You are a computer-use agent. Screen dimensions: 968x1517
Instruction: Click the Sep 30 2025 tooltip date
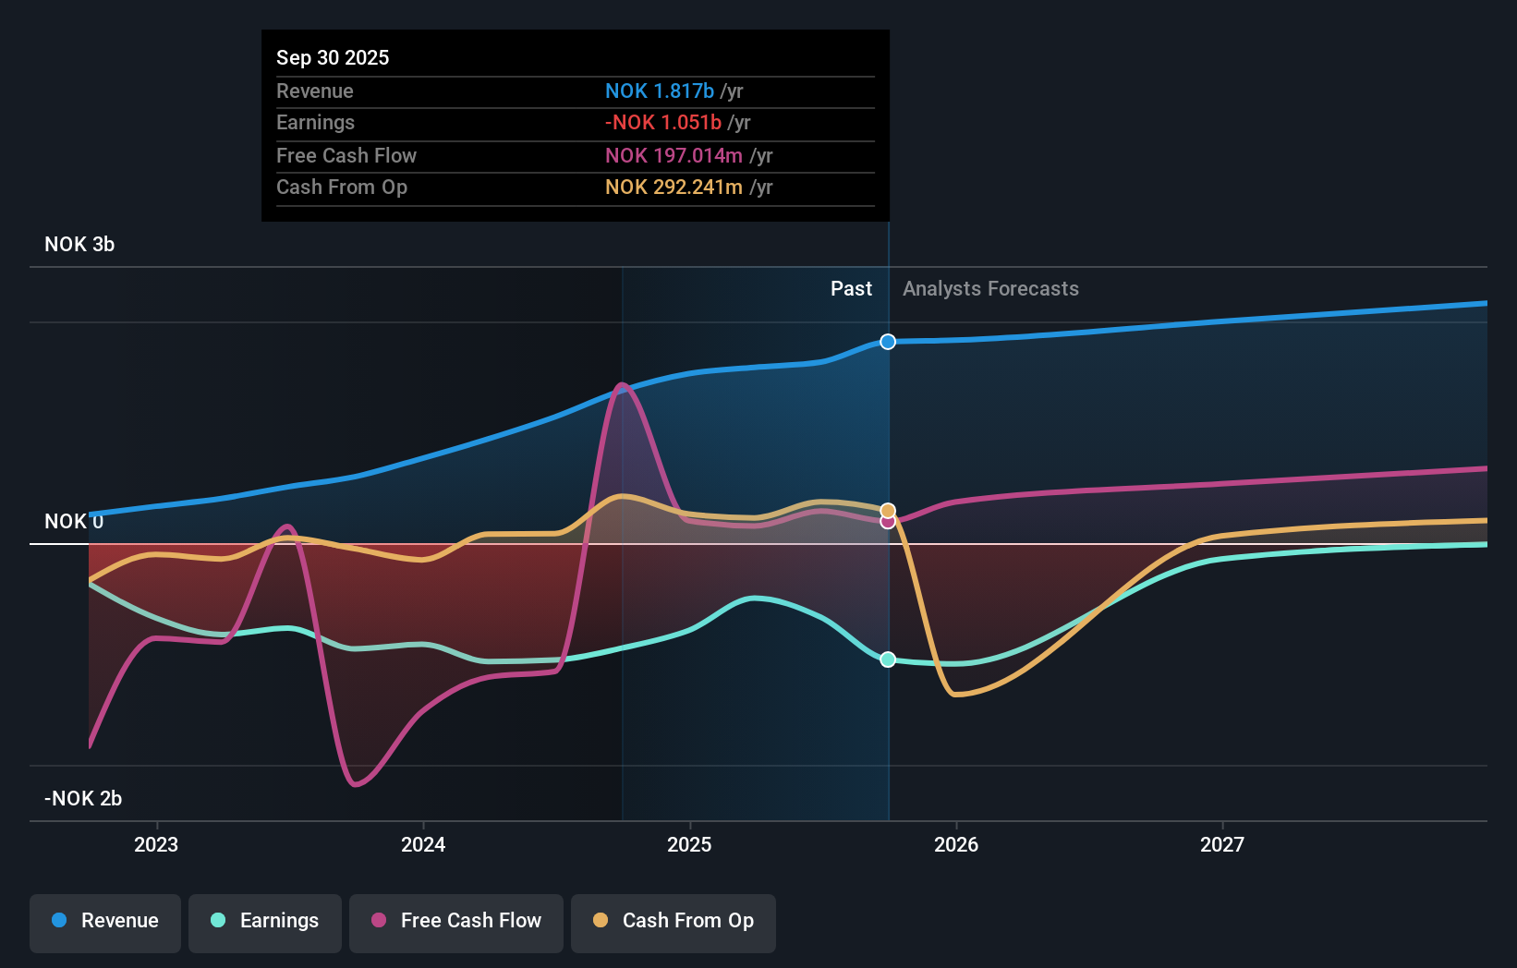point(333,57)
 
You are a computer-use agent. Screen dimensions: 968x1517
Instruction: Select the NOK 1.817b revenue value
point(659,91)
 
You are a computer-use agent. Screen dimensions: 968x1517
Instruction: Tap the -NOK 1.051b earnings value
point(662,122)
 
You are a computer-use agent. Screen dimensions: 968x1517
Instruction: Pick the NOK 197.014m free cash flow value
point(674,155)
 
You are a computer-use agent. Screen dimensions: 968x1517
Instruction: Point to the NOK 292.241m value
point(674,187)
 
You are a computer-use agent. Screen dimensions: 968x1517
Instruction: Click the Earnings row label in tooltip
point(315,122)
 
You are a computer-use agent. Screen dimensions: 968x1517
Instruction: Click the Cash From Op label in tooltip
point(342,187)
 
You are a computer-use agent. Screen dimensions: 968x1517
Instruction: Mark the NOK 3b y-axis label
point(79,244)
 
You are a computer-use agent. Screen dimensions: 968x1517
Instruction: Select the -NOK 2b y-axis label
point(83,798)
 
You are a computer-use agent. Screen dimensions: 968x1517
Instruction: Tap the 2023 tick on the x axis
point(156,844)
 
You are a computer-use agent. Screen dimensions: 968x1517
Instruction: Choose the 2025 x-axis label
point(689,844)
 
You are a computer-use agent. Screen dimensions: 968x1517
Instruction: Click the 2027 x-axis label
point(1221,844)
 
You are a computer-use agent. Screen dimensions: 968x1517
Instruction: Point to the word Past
point(851,288)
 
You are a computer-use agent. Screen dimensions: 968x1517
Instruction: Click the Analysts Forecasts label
point(990,288)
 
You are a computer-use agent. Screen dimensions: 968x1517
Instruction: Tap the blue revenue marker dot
point(888,342)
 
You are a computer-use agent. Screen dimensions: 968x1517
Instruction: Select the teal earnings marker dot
point(888,659)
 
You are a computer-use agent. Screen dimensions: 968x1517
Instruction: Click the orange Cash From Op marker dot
point(888,510)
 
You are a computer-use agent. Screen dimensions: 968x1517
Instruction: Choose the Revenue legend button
point(105,922)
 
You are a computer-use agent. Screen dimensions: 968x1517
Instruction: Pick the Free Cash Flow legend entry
point(456,922)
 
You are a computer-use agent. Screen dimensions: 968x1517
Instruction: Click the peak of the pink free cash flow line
point(623,384)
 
